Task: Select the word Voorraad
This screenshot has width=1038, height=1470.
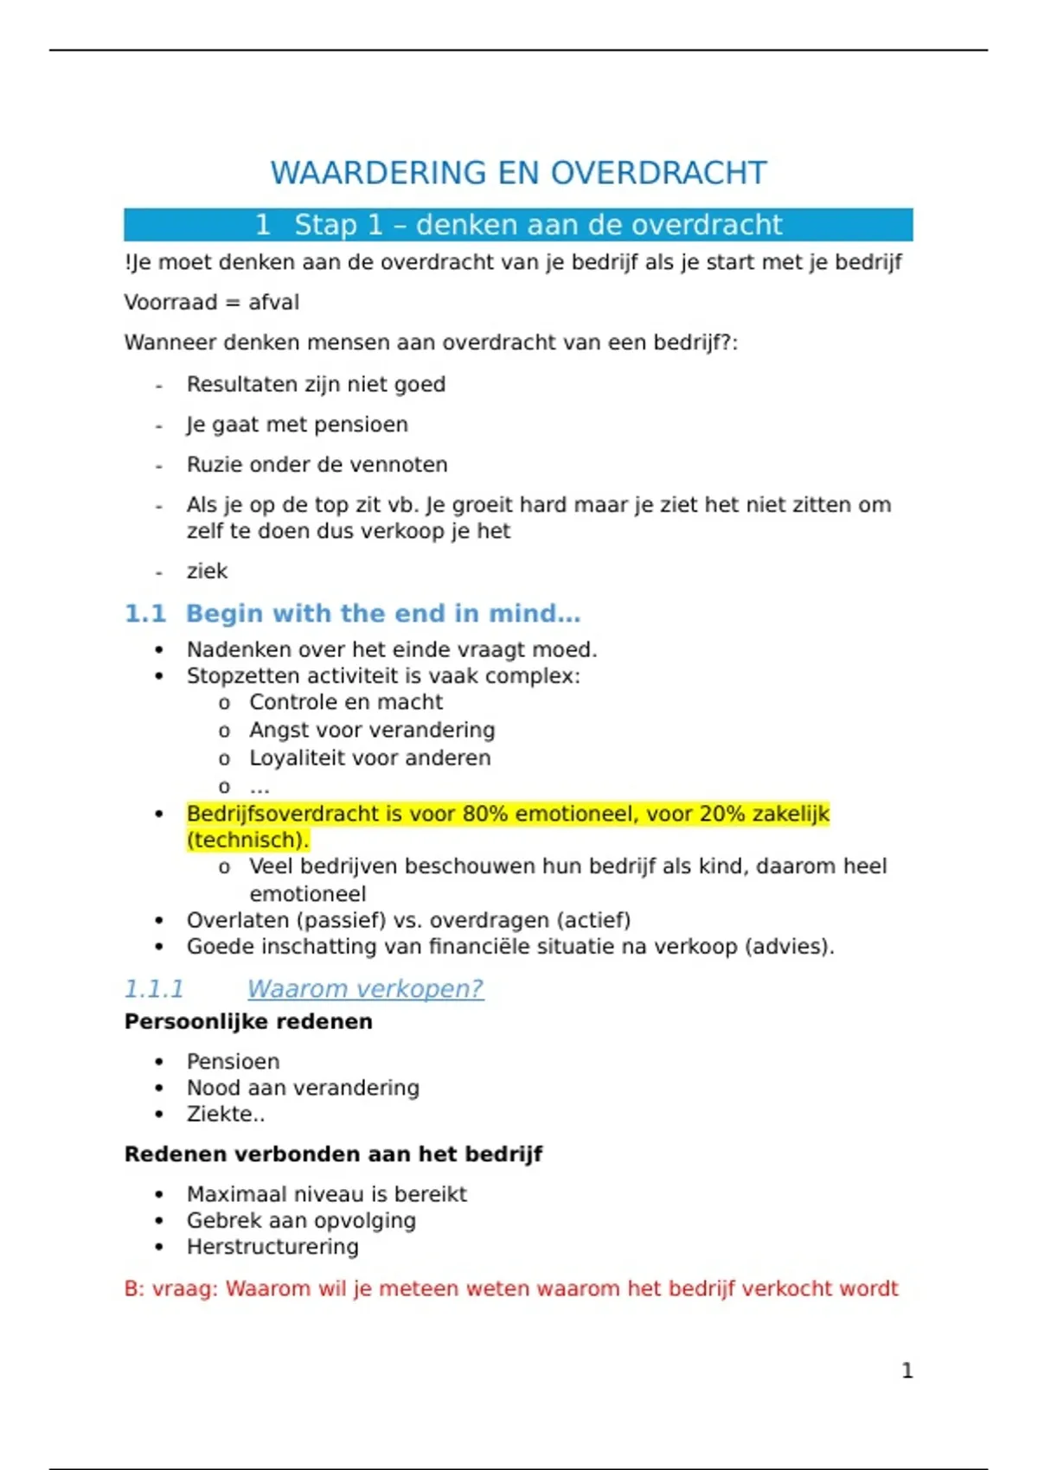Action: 170,303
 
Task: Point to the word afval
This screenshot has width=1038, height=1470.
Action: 273,303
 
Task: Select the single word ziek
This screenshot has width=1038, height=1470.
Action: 207,571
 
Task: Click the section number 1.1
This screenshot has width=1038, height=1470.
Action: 144,613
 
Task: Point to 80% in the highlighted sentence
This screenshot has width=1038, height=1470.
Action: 484,814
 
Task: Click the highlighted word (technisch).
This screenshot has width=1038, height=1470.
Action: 247,840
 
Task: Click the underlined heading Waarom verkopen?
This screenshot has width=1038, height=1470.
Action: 365,988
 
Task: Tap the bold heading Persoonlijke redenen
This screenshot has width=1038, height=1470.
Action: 248,1021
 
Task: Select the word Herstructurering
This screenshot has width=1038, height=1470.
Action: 272,1247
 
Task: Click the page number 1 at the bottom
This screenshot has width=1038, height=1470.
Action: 907,1371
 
